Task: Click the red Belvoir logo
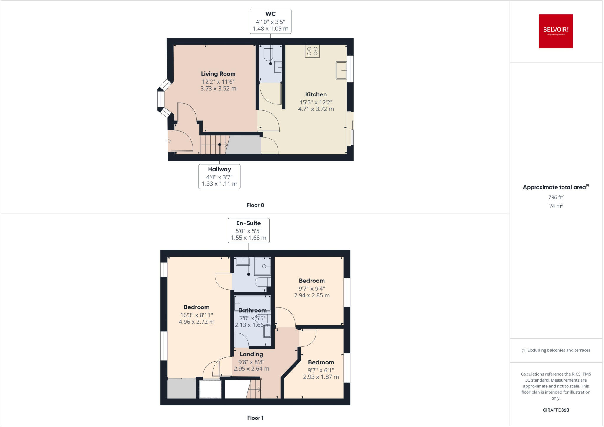pyautogui.click(x=556, y=31)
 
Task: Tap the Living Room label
pyautogui.click(x=218, y=74)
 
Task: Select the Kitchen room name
pyautogui.click(x=316, y=94)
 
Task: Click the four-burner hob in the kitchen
pyautogui.click(x=312, y=51)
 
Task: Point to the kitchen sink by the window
pyautogui.click(x=341, y=70)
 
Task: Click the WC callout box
pyautogui.click(x=270, y=21)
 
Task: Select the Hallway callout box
pyautogui.click(x=219, y=176)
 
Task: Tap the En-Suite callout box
pyautogui.click(x=249, y=230)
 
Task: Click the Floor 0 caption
pyautogui.click(x=255, y=205)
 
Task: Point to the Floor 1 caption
pyautogui.click(x=255, y=418)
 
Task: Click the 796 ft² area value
pyautogui.click(x=556, y=197)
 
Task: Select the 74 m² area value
pyautogui.click(x=556, y=206)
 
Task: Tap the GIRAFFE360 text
pyautogui.click(x=556, y=410)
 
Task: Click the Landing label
pyautogui.click(x=251, y=354)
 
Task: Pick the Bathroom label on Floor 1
pyautogui.click(x=252, y=310)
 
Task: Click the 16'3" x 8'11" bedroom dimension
pyautogui.click(x=196, y=315)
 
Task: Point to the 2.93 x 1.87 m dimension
pyautogui.click(x=321, y=377)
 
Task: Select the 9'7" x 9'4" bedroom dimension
pyautogui.click(x=312, y=289)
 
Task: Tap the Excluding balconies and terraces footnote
pyautogui.click(x=556, y=350)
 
